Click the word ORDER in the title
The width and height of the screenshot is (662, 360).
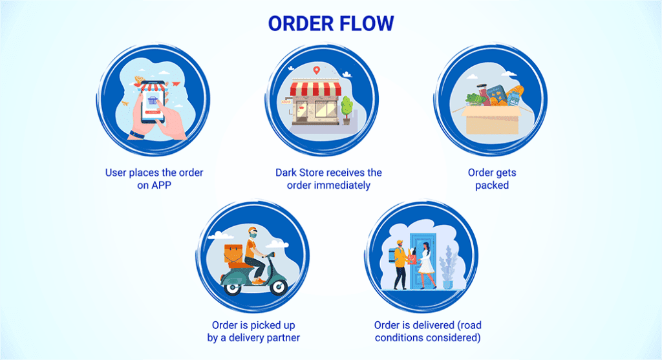(x=297, y=23)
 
